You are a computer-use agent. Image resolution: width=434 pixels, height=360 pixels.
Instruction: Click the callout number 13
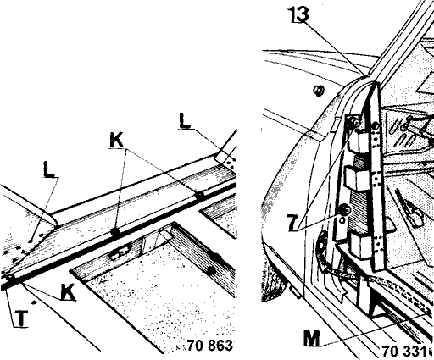click(298, 14)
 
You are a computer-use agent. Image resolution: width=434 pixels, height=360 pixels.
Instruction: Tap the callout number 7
click(292, 222)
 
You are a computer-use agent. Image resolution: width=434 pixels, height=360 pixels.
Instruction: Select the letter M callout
click(312, 338)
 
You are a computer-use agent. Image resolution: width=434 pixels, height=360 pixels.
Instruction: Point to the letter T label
click(21, 318)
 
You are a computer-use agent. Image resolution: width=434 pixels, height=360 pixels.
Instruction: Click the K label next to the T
click(68, 291)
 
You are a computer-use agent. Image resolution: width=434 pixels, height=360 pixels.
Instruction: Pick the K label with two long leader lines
click(116, 141)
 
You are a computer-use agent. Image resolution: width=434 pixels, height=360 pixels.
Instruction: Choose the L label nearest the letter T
click(48, 169)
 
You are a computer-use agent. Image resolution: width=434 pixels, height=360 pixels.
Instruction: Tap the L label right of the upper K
click(184, 120)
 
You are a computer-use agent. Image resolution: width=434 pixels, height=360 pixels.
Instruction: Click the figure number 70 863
click(210, 345)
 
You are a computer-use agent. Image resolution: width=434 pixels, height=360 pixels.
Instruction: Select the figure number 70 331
click(403, 351)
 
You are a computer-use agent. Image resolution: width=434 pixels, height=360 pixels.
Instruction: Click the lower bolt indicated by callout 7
click(345, 210)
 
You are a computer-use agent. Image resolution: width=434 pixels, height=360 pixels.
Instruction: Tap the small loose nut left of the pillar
click(319, 91)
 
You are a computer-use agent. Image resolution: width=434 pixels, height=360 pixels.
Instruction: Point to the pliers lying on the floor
click(409, 208)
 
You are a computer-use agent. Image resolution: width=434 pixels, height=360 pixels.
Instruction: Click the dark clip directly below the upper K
click(115, 232)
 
